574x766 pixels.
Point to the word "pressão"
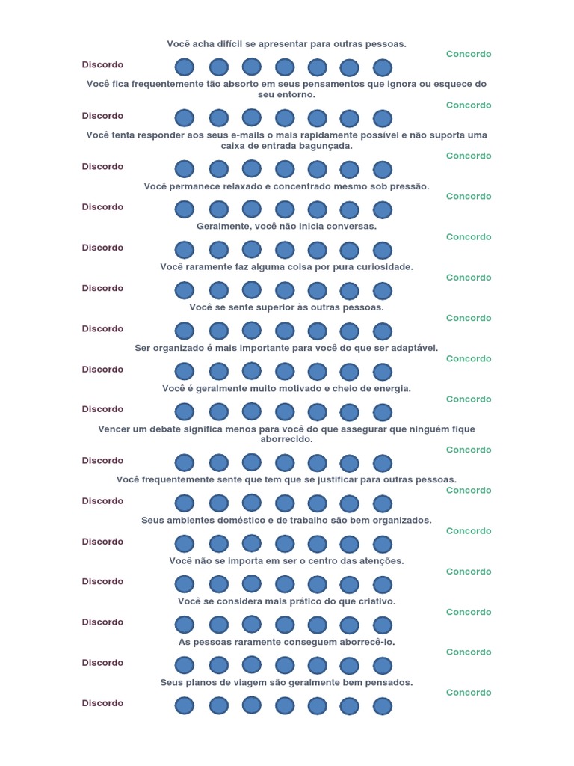tap(410, 186)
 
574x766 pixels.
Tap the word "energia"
tap(390, 389)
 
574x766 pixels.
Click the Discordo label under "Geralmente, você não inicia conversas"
tap(102, 248)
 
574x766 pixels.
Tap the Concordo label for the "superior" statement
tap(469, 318)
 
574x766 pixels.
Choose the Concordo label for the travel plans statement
tap(469, 693)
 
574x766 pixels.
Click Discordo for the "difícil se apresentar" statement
tap(102, 65)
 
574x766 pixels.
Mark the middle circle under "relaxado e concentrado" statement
tap(284, 209)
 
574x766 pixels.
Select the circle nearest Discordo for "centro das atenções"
tap(185, 584)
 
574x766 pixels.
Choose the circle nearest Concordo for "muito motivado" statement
tap(383, 412)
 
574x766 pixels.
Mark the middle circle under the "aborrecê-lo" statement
tap(284, 665)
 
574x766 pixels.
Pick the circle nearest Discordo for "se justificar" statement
tap(185, 503)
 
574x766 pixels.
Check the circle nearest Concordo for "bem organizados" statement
tap(383, 544)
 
